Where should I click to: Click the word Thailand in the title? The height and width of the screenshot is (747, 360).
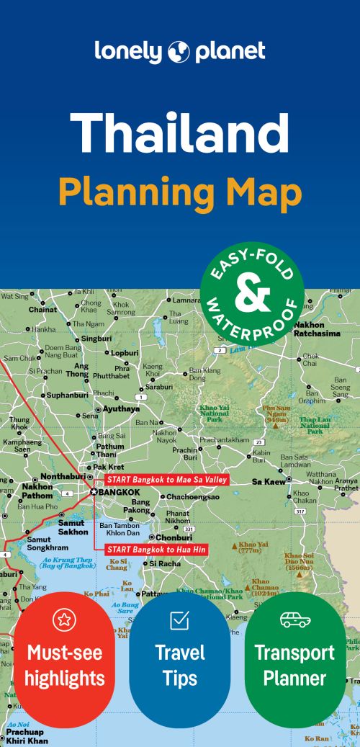(x=179, y=133)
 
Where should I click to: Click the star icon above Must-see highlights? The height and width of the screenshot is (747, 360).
(x=64, y=619)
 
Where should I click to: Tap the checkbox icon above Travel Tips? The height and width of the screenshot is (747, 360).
(x=179, y=619)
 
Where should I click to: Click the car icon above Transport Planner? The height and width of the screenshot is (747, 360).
(x=294, y=619)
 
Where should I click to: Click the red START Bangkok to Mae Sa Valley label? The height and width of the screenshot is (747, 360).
(x=166, y=480)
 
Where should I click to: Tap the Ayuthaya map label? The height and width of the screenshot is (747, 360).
(x=121, y=408)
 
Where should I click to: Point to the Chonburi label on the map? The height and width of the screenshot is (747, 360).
(x=174, y=537)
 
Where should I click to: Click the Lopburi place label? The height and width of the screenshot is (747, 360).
(x=124, y=353)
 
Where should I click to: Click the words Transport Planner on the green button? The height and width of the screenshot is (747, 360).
(x=294, y=666)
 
